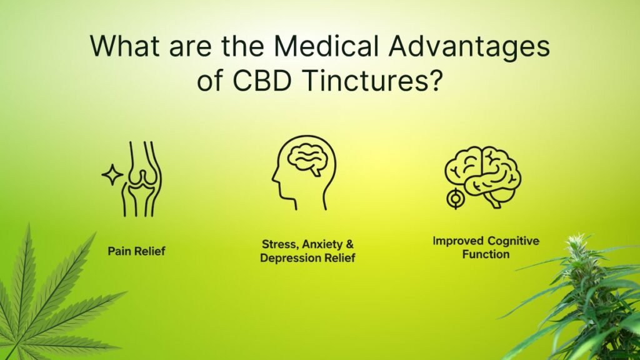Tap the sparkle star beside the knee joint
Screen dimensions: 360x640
point(112,176)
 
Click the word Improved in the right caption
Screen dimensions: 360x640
point(457,241)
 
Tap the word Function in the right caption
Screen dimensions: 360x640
point(486,254)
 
